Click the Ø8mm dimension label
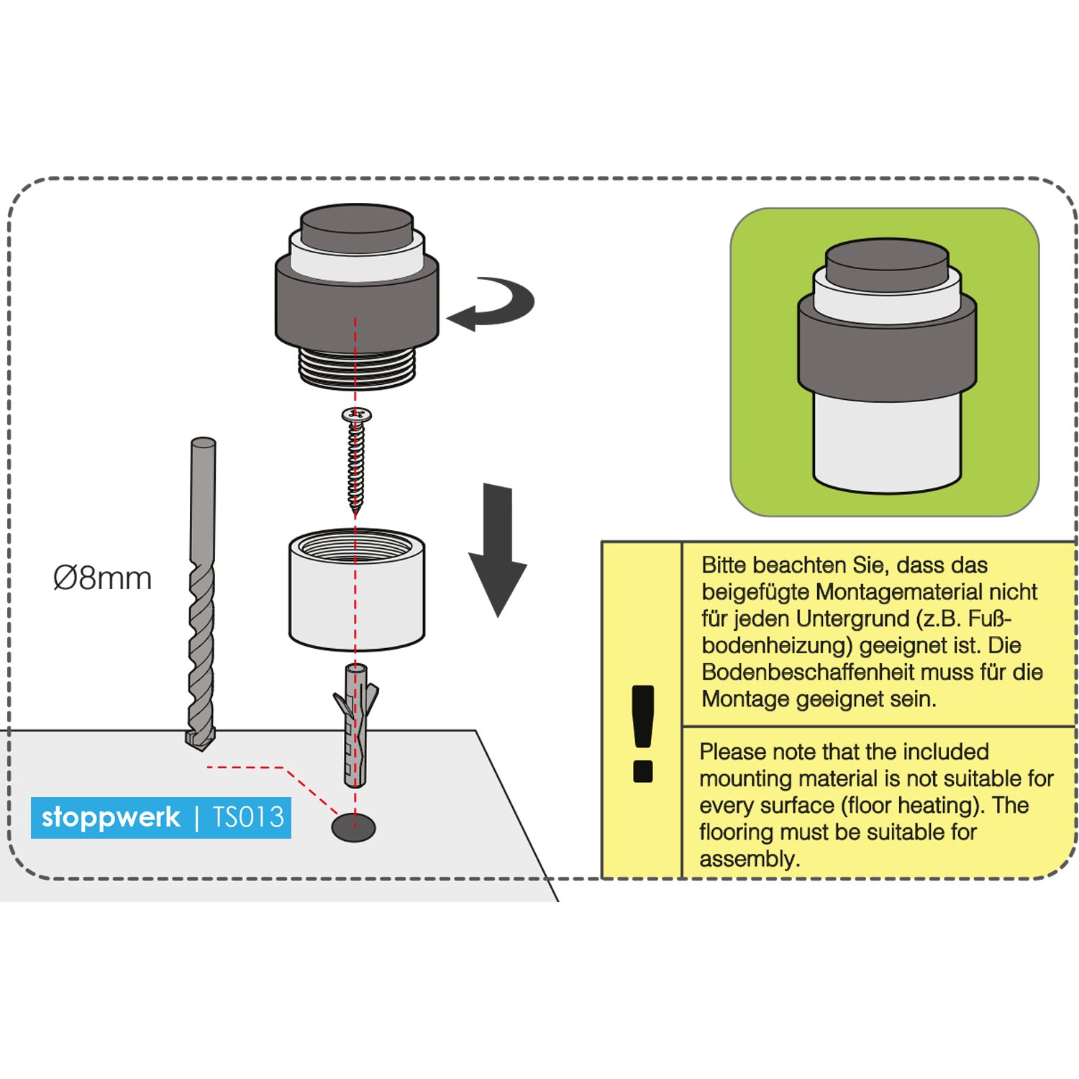(102, 578)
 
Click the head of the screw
(356, 414)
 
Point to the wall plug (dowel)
(356, 727)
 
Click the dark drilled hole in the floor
(353, 827)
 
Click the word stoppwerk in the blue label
(111, 817)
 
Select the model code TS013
(249, 817)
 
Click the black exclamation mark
(642, 734)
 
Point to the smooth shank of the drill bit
(203, 496)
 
